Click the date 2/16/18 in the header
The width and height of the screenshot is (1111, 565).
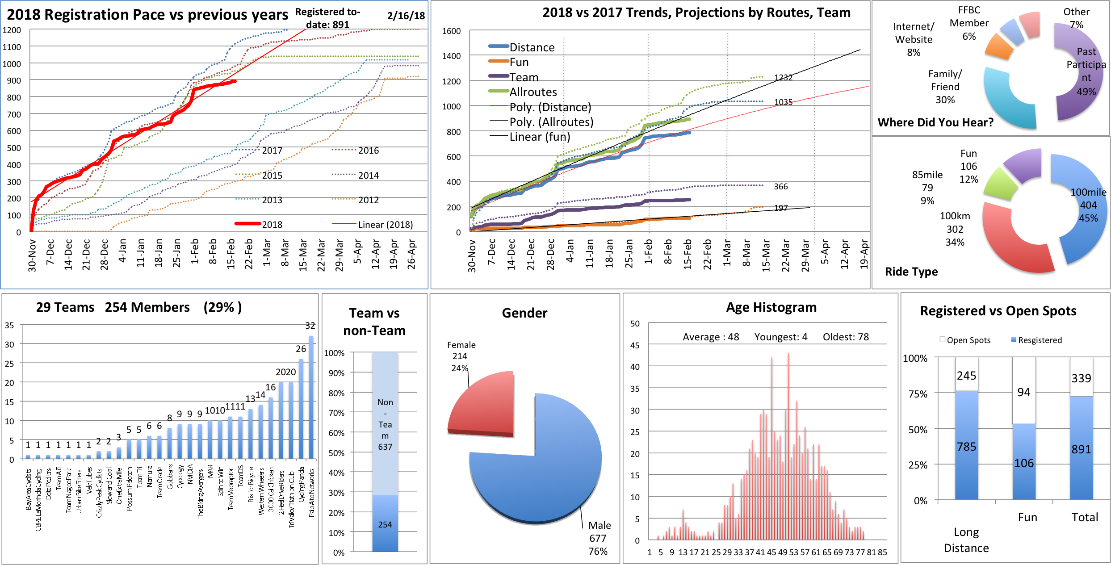[406, 16]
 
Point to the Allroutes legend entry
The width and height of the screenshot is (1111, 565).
[533, 92]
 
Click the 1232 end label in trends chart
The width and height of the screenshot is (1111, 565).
[783, 77]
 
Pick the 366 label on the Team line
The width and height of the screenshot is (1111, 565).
[781, 186]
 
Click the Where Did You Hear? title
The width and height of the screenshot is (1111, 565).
[935, 122]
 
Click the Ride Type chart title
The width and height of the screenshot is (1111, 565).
[911, 272]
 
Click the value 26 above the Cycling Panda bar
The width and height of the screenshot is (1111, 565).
[301, 349]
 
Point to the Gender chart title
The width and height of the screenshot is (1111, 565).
[524, 313]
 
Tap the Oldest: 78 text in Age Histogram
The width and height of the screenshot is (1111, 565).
[846, 337]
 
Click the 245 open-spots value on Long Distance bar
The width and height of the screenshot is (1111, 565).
[966, 376]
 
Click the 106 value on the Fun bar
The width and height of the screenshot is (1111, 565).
[1024, 463]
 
